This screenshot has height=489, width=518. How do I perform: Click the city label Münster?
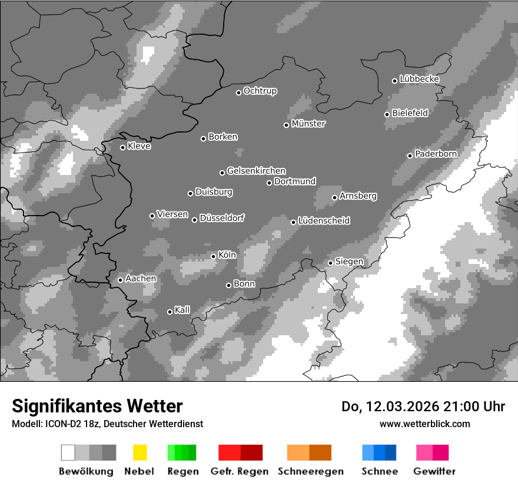tap(308, 124)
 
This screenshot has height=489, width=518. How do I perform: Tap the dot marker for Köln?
tap(213, 256)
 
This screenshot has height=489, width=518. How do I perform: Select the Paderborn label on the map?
tap(436, 154)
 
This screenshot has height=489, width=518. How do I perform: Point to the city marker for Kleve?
tap(122, 147)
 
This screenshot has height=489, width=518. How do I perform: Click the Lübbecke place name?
tap(419, 79)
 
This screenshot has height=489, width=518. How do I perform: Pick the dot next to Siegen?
tap(330, 263)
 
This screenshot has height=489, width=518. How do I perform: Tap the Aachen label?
tap(141, 279)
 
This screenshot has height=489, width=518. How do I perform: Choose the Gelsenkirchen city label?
tap(256, 171)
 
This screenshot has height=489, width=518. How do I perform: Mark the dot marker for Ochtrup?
tap(238, 92)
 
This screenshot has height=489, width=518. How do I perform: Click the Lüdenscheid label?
tap(324, 221)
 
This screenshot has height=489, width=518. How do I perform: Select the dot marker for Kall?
tap(170, 312)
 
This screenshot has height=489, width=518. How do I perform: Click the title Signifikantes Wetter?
tap(97, 406)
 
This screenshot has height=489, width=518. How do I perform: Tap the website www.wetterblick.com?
tap(424, 424)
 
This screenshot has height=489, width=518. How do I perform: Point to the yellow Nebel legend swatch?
tap(140, 452)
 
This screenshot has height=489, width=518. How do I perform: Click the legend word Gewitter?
tap(434, 471)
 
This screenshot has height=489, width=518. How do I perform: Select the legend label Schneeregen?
tap(310, 471)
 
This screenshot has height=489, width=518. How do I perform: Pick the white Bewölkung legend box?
tap(68, 452)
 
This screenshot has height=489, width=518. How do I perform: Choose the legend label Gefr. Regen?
tap(239, 471)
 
